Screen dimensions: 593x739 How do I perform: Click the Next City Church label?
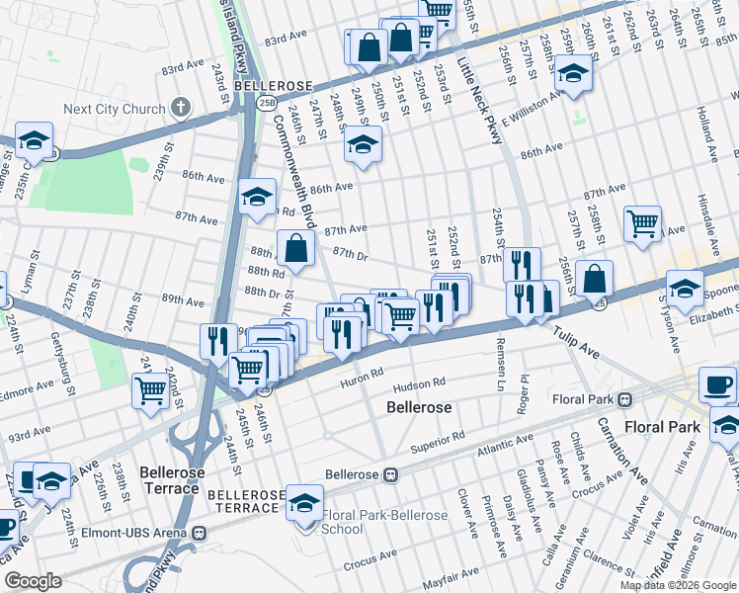pos(113,109)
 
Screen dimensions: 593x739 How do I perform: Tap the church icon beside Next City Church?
pos(180,107)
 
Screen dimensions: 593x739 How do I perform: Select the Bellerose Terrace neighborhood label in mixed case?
pos(172,481)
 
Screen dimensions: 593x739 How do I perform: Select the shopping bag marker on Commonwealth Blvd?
pos(295,247)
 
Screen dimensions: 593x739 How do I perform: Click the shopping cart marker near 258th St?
pos(642,224)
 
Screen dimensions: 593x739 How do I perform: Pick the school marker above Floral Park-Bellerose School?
pos(305,501)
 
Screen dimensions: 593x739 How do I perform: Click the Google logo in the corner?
pos(33,581)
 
